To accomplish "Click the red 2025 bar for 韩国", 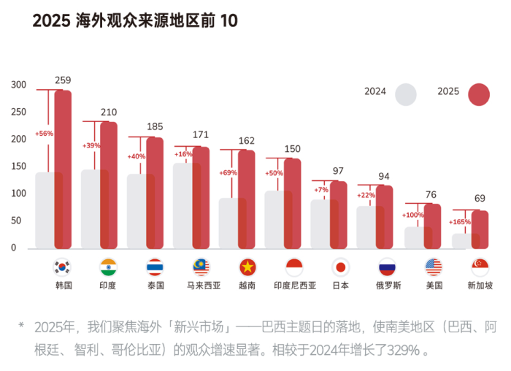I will click(63, 168).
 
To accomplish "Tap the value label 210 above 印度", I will click(109, 112).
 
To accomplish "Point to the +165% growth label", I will click(458, 221).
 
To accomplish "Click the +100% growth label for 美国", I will click(412, 215).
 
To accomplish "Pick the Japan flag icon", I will click(340, 267).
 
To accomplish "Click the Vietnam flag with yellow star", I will click(247, 267).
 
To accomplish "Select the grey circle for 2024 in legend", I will click(406, 94).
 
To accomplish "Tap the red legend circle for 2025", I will click(479, 94).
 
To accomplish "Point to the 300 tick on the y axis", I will click(19, 85).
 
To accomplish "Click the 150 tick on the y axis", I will click(19, 167).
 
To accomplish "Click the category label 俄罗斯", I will click(387, 286).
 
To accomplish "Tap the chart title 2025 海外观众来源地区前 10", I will click(135, 21).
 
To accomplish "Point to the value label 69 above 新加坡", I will click(480, 198).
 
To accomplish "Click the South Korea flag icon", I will click(62, 267).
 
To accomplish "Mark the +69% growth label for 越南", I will click(228, 173).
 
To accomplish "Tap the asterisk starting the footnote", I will click(21, 326).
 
